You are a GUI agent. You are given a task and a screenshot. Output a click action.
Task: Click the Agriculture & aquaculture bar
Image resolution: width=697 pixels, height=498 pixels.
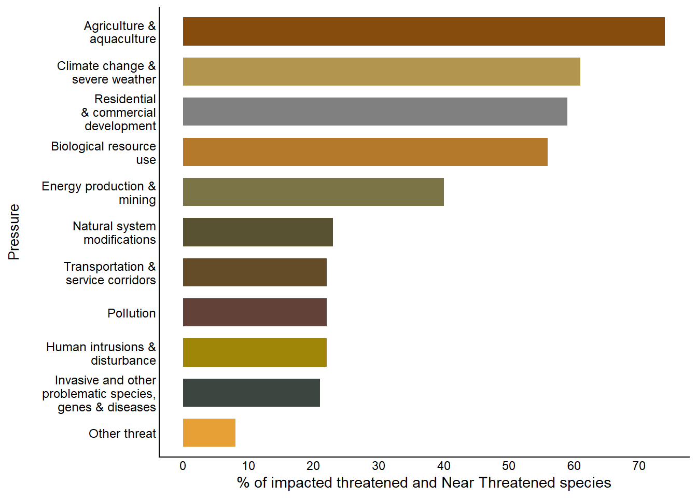point(424,31)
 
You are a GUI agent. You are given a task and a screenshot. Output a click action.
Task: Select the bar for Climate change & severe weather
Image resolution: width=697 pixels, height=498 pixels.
point(381,72)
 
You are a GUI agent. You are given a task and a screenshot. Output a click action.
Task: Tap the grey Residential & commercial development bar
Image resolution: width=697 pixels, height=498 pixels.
point(375,112)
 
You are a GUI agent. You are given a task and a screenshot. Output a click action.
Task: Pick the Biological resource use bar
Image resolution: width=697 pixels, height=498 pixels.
point(365,152)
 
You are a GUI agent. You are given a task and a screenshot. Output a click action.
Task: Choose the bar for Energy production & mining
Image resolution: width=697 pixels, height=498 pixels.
point(313,192)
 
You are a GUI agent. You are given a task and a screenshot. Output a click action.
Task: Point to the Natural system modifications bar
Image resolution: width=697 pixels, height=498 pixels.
point(258,232)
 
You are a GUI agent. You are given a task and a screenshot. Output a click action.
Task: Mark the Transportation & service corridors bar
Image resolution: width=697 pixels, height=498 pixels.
point(255,272)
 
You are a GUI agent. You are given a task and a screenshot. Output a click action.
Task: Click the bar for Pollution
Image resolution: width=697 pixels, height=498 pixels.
point(255,312)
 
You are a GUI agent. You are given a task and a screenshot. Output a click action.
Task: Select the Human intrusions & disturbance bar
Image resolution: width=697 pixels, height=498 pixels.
point(255,353)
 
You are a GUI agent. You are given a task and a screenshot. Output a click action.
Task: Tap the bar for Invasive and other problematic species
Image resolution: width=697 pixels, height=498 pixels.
point(252,393)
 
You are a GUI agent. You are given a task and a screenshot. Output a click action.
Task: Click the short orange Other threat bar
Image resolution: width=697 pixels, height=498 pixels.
point(209,433)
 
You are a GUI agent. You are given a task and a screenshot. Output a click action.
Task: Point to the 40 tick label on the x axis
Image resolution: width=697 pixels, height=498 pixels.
point(444,466)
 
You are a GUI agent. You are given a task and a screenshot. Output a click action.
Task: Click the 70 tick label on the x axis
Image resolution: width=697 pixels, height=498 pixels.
point(639,466)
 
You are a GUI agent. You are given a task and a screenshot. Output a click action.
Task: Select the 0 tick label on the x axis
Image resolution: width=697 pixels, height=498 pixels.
point(183,466)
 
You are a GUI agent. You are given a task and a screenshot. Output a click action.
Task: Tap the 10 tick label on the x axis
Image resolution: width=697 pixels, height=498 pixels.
point(248,466)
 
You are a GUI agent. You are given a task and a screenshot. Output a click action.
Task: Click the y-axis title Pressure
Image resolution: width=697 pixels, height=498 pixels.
point(14,232)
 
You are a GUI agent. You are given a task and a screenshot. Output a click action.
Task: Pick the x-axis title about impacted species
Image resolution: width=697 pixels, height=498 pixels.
point(424,483)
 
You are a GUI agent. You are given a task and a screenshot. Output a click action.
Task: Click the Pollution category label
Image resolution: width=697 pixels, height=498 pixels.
point(132,313)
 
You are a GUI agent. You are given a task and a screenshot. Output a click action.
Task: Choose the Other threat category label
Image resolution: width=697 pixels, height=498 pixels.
point(122,434)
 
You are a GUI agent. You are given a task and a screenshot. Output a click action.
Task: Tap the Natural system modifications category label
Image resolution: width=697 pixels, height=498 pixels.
point(115,233)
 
